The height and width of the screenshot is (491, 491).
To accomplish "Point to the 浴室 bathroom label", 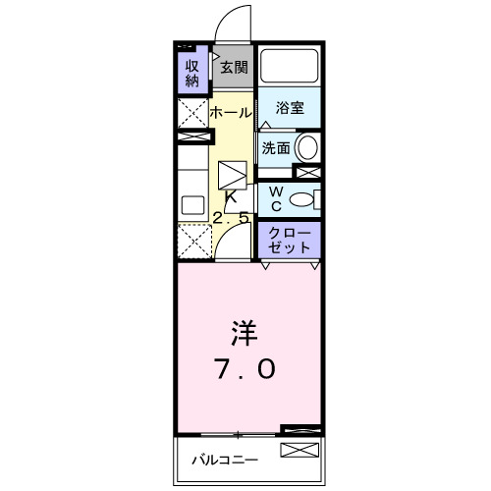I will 289,109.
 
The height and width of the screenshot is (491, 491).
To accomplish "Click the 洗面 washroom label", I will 275,148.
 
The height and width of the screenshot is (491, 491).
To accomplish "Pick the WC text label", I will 276,198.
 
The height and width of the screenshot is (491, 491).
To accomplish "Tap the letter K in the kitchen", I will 232,196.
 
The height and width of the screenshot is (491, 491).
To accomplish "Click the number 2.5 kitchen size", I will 233,218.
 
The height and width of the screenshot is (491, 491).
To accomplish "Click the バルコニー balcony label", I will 224,460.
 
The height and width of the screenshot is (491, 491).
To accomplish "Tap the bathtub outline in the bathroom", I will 290,67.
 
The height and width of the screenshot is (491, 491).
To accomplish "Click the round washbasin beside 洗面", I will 307,148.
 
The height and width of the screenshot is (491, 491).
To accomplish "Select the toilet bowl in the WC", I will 304,199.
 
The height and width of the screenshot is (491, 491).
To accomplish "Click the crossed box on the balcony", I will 300,451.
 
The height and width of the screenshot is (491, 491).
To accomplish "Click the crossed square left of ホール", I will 191,113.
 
